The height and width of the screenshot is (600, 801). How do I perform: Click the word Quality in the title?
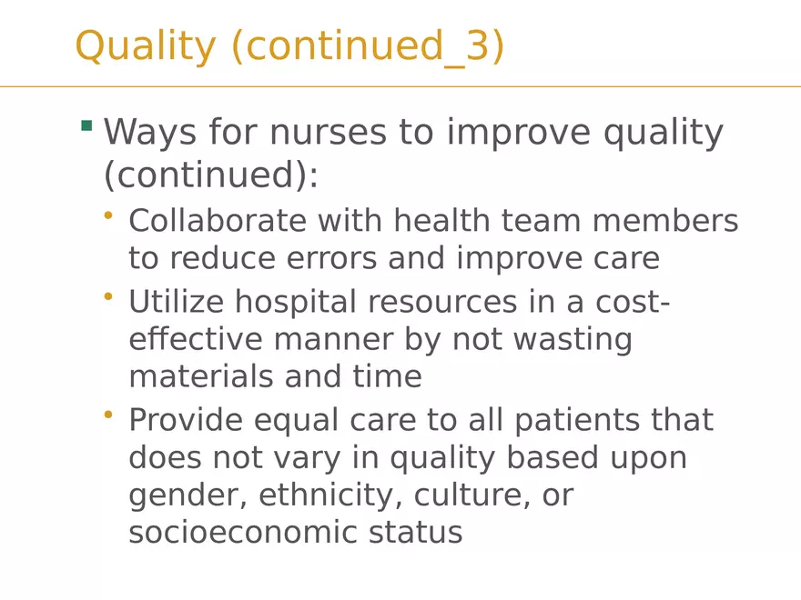[145, 46]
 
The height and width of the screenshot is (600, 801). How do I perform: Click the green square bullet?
[86, 125]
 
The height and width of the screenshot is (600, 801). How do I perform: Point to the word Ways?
[149, 133]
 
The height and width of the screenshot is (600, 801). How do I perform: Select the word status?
[416, 532]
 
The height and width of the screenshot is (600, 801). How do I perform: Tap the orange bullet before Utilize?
[108, 295]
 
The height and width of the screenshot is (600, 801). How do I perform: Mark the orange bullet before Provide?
[108, 415]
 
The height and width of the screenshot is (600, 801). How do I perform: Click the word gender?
[187, 496]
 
